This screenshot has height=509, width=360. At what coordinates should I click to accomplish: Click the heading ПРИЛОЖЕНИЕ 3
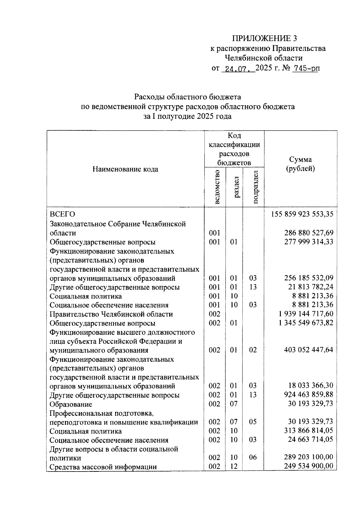pos(264,39)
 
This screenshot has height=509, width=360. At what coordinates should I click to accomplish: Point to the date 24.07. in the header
pos(238,69)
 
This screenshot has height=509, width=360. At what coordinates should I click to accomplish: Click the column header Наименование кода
pos(125,169)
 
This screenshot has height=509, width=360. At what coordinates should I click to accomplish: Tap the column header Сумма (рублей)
pos(300,164)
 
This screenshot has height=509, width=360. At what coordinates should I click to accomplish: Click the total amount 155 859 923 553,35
pos(302,214)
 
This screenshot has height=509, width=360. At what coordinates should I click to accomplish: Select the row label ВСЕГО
pos(62,214)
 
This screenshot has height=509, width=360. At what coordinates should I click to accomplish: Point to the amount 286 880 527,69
pos(309,233)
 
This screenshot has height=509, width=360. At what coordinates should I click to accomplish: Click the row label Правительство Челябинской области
pos(111,314)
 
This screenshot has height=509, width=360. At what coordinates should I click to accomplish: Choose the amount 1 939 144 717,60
pos(306,314)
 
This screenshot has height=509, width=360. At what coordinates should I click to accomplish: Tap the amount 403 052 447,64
pos(309,350)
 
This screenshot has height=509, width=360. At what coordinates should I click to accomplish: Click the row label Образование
pos(71,404)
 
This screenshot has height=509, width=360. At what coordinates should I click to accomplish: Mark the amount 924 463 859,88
pos(309,395)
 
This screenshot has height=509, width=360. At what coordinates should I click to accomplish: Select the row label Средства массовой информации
pos(103,467)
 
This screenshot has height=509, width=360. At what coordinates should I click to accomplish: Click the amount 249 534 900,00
pos(309,467)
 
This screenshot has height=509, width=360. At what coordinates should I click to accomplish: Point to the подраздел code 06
pos(253,458)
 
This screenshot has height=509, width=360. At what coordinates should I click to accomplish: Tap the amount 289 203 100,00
pos(309,458)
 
